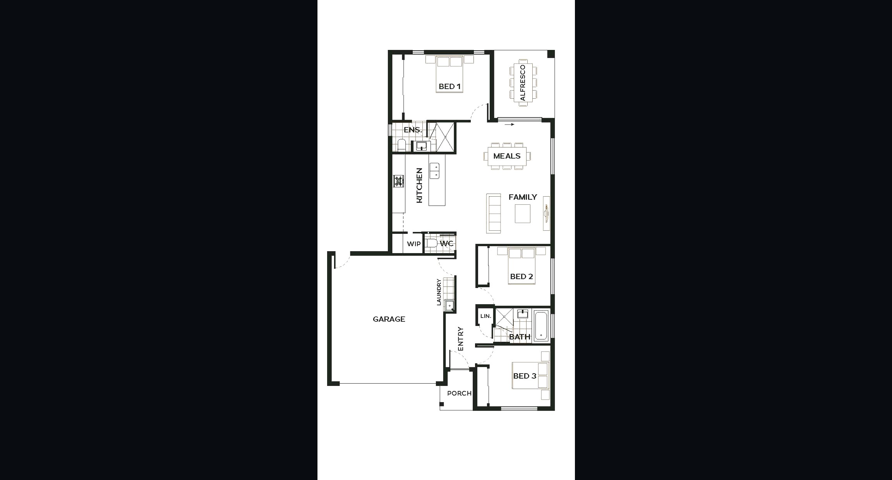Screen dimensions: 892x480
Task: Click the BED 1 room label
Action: (450, 86)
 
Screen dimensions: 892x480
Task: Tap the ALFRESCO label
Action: (523, 83)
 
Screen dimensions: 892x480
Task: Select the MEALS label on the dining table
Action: (507, 156)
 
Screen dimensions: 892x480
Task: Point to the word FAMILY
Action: (523, 197)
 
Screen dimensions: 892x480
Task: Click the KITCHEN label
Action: (419, 185)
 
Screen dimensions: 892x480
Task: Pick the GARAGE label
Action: (389, 319)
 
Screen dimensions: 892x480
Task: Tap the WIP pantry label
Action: (413, 244)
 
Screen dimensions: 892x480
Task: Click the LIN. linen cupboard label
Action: (485, 316)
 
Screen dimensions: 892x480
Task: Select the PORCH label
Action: (459, 393)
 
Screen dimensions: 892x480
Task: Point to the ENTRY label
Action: (460, 339)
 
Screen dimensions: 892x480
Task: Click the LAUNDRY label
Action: (439, 292)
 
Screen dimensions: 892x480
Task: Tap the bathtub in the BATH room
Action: (541, 325)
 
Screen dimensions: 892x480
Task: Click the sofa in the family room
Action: (494, 213)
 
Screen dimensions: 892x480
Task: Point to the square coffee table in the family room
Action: (522, 214)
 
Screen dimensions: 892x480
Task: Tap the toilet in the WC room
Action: (431, 243)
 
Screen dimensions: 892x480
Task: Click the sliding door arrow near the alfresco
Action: (509, 125)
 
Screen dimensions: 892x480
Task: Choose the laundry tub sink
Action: (449, 306)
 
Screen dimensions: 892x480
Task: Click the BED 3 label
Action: (525, 376)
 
